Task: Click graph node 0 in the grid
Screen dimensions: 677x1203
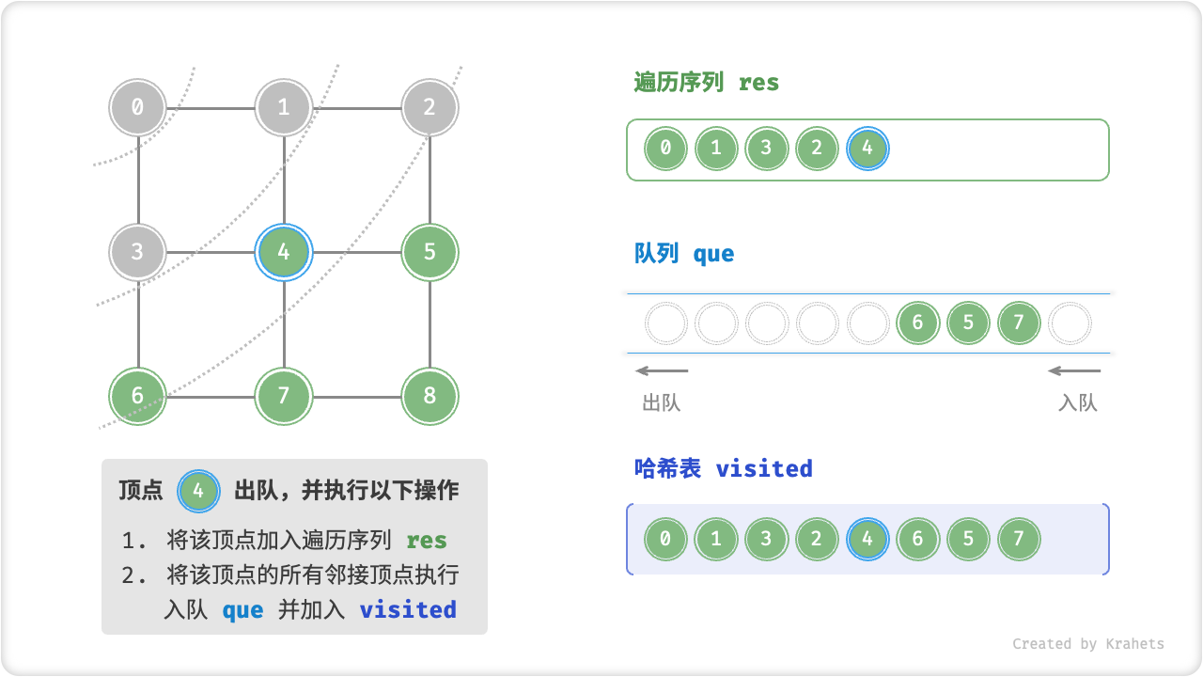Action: click(x=138, y=107)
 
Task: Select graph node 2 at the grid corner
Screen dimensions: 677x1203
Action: click(x=430, y=107)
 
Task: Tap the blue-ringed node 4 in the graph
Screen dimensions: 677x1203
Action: click(x=284, y=252)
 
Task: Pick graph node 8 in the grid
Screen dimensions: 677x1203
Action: click(x=430, y=396)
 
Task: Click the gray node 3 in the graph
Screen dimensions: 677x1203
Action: click(x=138, y=252)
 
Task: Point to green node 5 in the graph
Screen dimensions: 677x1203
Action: click(x=430, y=252)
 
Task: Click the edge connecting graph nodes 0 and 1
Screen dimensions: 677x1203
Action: click(x=211, y=107)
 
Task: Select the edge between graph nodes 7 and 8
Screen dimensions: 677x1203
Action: click(x=357, y=396)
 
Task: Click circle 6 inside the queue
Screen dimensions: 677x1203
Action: click(x=918, y=323)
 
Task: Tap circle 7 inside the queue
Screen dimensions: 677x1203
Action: click(x=1019, y=323)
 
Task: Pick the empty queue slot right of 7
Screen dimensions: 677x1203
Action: click(x=1070, y=323)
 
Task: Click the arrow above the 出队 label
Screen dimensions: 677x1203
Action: click(x=662, y=370)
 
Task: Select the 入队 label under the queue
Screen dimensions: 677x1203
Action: click(x=1077, y=403)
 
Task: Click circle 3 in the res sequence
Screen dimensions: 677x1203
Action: click(x=767, y=149)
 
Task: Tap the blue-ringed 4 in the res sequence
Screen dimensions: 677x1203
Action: click(x=867, y=149)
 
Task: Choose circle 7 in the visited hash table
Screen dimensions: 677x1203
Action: click(x=1019, y=539)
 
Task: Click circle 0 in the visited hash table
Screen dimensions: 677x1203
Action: click(x=665, y=539)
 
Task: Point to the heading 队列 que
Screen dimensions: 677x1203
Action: click(x=684, y=254)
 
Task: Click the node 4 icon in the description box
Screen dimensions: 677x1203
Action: click(x=198, y=490)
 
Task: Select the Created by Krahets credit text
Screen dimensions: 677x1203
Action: click(x=1087, y=644)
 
